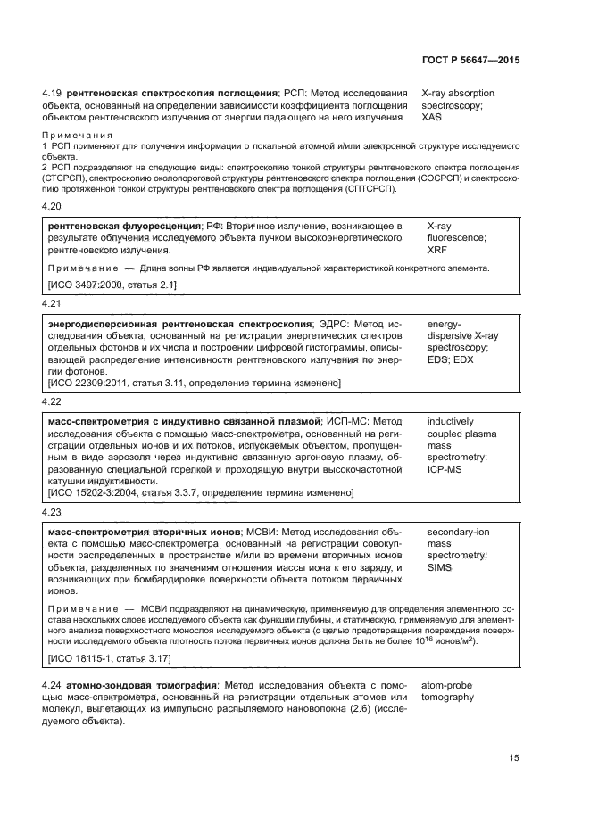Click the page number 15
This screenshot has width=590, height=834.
point(513,757)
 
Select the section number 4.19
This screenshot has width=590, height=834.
point(54,93)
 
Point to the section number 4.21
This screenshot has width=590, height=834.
point(54,303)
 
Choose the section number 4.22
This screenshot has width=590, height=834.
point(54,402)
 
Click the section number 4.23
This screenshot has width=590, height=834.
point(54,513)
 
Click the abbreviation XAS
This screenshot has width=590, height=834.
point(433,117)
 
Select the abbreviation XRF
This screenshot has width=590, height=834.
point(438,251)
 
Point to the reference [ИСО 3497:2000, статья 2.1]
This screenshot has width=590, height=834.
point(112,285)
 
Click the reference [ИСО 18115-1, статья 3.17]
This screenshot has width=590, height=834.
point(109,658)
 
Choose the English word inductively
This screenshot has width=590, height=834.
point(451,420)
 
